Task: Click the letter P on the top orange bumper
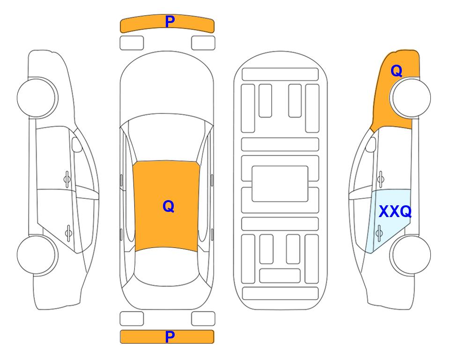[170, 21]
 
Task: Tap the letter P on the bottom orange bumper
[170, 337]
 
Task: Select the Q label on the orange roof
[168, 206]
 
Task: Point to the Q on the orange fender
[396, 71]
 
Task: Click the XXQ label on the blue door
[395, 211]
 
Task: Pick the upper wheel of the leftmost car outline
[37, 97]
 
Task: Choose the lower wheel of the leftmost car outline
[37, 255]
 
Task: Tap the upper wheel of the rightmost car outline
[410, 97]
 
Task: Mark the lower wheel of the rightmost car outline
[410, 255]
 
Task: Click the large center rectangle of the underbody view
[280, 184]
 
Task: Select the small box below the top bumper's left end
[132, 43]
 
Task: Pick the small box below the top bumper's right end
[203, 43]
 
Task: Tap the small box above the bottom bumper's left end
[132, 319]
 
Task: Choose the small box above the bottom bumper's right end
[203, 319]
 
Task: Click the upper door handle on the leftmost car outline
[67, 179]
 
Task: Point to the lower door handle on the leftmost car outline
[68, 232]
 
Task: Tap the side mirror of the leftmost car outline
[77, 144]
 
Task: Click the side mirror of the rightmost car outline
[370, 144]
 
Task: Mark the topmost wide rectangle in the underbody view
[280, 75]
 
